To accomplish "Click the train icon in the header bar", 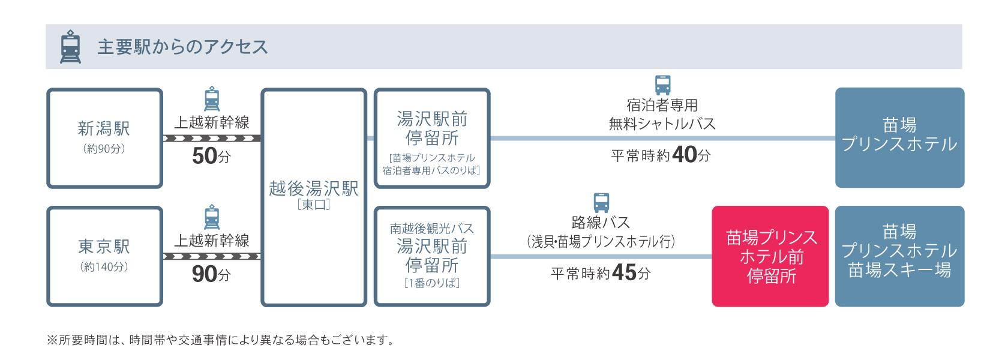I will tap(71, 47).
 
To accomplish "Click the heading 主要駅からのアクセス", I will tap(182, 47).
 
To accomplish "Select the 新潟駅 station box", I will tap(104, 138).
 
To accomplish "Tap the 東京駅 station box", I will tap(104, 256).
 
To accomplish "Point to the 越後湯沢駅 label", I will tap(314, 190).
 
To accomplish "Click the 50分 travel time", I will tap(211, 157).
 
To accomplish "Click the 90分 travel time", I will tap(211, 274).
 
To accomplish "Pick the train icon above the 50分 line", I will tap(212, 99).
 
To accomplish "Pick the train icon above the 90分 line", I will tap(212, 217).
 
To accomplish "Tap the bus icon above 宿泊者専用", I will tap(662, 85).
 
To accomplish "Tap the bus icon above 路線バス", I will tap(601, 203).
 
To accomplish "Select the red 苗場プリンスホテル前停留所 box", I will tap(770, 256).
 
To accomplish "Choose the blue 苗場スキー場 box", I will tap(899, 256).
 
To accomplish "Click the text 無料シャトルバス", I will tap(662, 124).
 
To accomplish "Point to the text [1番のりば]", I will tap(432, 283).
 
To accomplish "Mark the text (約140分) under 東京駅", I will tap(104, 267).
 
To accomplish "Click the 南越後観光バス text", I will tap(432, 229).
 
